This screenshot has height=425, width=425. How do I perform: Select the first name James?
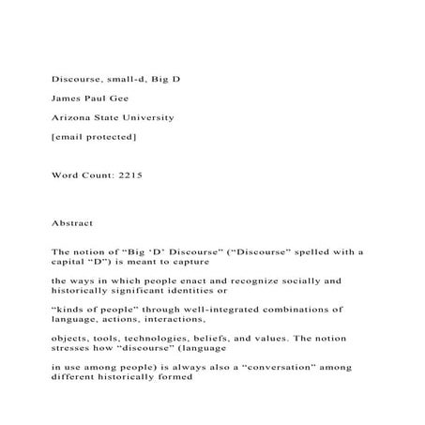coord(67,99)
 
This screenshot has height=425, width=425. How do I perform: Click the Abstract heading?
coord(72,224)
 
